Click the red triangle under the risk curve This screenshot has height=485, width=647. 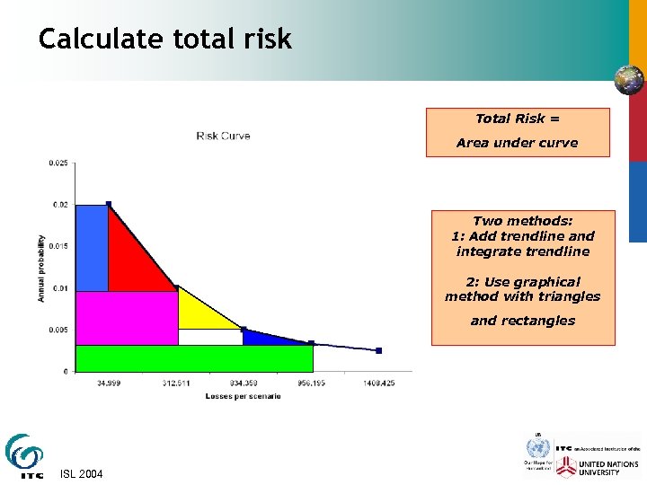pyautogui.click(x=130, y=260)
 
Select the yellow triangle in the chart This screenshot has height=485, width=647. pyautogui.click(x=198, y=314)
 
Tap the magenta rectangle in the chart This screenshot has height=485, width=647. pyautogui.click(x=126, y=318)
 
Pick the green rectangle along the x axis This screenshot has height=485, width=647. pyautogui.click(x=193, y=357)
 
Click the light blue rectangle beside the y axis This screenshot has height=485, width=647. pyautogui.click(x=91, y=248)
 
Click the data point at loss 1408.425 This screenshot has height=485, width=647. pyautogui.click(x=379, y=350)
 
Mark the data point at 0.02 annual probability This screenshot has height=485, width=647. pyautogui.click(x=109, y=204)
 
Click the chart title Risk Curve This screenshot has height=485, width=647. pyautogui.click(x=223, y=136)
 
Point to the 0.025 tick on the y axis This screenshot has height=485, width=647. pyautogui.click(x=58, y=163)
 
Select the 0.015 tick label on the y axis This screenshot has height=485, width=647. pyautogui.click(x=58, y=246)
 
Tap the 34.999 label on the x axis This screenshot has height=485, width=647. pyautogui.click(x=109, y=384)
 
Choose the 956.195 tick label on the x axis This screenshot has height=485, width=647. pyautogui.click(x=311, y=384)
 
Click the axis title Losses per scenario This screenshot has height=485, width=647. pyautogui.click(x=243, y=396)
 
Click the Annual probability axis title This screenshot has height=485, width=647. pyautogui.click(x=41, y=268)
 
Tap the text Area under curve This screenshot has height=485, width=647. pyautogui.click(x=517, y=143)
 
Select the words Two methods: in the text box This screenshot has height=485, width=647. pyautogui.click(x=522, y=221)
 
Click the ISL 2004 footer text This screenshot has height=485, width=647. pyautogui.click(x=81, y=473)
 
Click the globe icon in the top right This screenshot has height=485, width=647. pyautogui.click(x=628, y=80)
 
